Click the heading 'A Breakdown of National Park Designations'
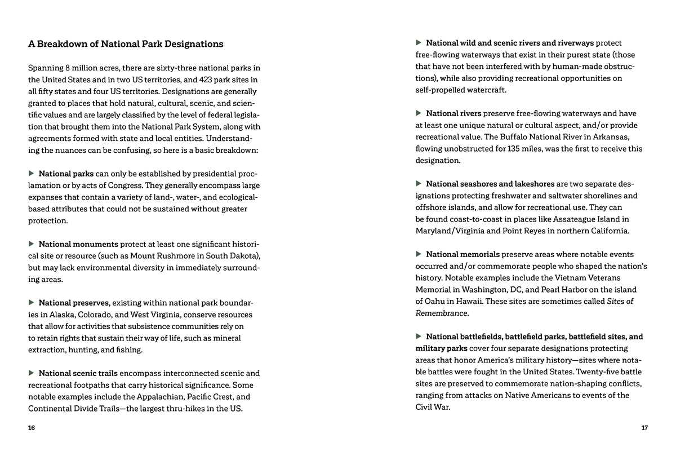126,44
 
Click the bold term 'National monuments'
78,244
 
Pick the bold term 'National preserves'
74,303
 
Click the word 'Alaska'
62,315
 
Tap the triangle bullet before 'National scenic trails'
32,373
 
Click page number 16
32,428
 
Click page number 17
644,428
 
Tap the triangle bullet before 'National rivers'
419,113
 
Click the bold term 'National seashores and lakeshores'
490,184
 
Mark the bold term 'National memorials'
462,254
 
